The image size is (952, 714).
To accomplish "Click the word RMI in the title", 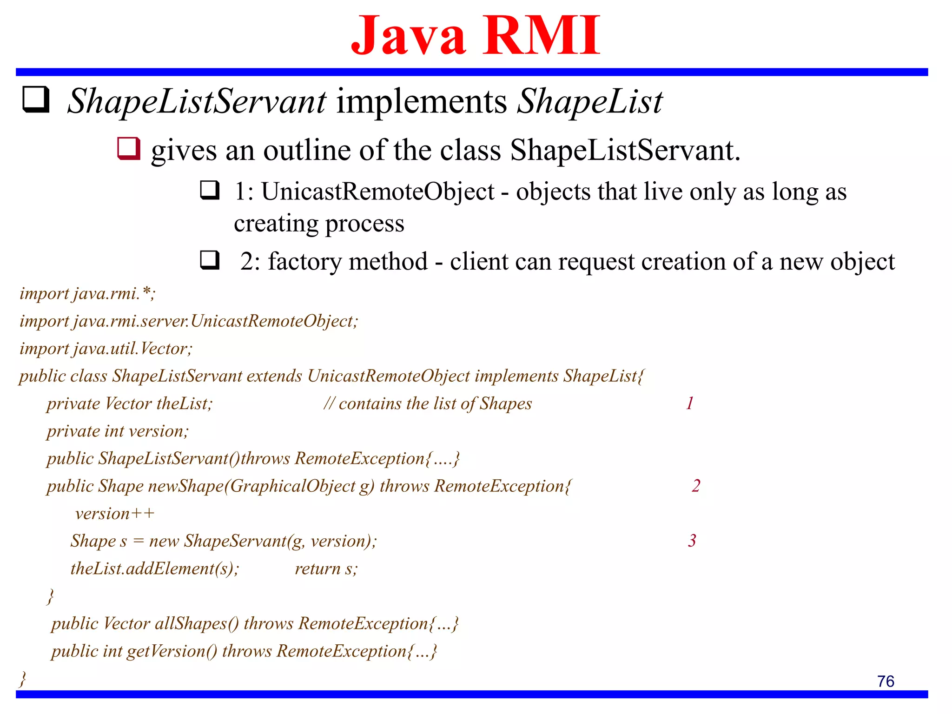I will pyautogui.click(x=542, y=36).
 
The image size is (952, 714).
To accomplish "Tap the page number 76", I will pyautogui.click(x=886, y=681).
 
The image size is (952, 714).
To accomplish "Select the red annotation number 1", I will pyautogui.click(x=690, y=403).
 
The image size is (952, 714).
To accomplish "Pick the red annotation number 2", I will pyautogui.click(x=695, y=486).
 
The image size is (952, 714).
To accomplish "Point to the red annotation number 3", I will pyautogui.click(x=692, y=541).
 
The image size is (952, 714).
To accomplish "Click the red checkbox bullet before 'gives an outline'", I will pyautogui.click(x=128, y=149).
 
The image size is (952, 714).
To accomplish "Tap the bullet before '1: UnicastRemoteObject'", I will pyautogui.click(x=210, y=190).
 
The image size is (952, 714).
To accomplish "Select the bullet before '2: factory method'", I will pyautogui.click(x=210, y=260).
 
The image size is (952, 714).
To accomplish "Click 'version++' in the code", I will pyautogui.click(x=114, y=514).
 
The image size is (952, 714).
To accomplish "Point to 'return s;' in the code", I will pyautogui.click(x=326, y=569).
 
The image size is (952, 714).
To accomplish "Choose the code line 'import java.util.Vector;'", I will pyautogui.click(x=106, y=349).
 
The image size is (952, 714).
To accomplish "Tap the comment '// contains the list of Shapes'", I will pyautogui.click(x=428, y=403).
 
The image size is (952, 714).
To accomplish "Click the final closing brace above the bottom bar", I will pyautogui.click(x=22, y=679).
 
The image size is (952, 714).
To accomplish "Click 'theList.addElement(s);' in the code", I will pyautogui.click(x=155, y=569).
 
